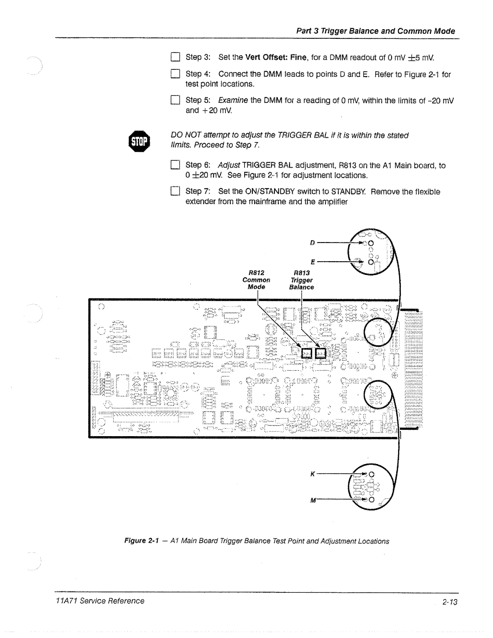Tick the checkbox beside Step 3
175,57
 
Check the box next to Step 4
175,74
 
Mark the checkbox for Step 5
175,100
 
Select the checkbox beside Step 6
175,165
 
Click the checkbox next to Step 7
175,192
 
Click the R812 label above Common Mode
257,273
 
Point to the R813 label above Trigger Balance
302,273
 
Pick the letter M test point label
314,501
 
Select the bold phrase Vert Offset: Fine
273,57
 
